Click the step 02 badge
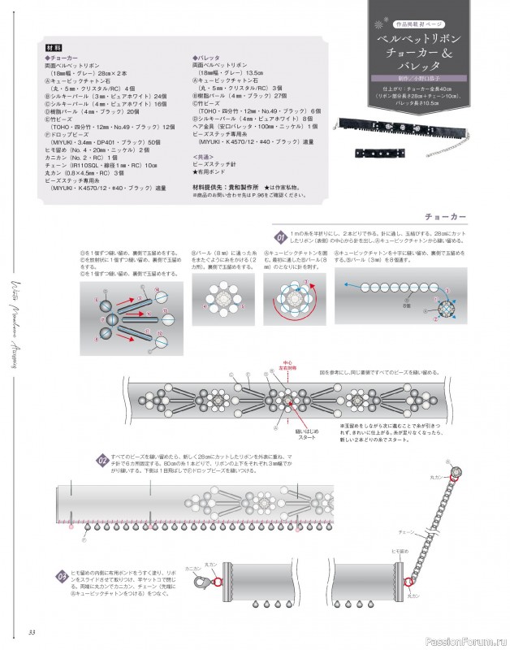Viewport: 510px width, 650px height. [103, 461]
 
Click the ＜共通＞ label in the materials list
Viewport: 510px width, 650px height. [205, 155]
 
